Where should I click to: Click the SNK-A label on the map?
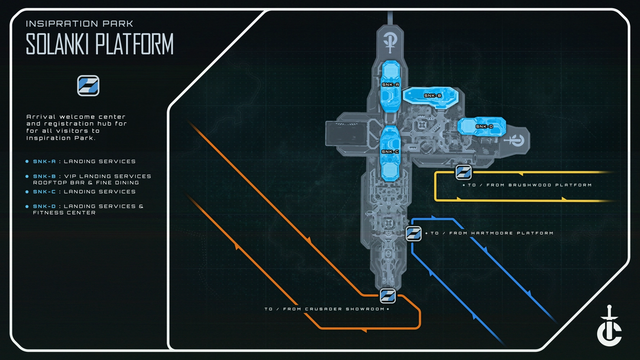click(x=390, y=85)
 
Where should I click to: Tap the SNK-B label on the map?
click(x=433, y=95)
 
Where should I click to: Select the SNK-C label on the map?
click(x=390, y=152)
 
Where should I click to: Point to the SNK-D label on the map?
click(x=484, y=126)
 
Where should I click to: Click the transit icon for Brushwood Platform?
click(x=464, y=172)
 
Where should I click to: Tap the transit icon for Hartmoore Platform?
click(x=414, y=233)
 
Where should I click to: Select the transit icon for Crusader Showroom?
click(x=388, y=296)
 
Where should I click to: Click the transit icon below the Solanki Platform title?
click(x=88, y=86)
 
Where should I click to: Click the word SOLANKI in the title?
click(x=57, y=44)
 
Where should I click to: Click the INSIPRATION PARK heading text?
click(x=80, y=24)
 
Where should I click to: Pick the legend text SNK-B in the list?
click(x=44, y=176)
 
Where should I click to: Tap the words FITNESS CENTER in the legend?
click(x=64, y=213)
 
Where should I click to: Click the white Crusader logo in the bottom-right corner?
click(x=609, y=326)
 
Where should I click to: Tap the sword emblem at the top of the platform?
click(x=390, y=42)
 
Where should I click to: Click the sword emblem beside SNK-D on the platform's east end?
click(x=515, y=140)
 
